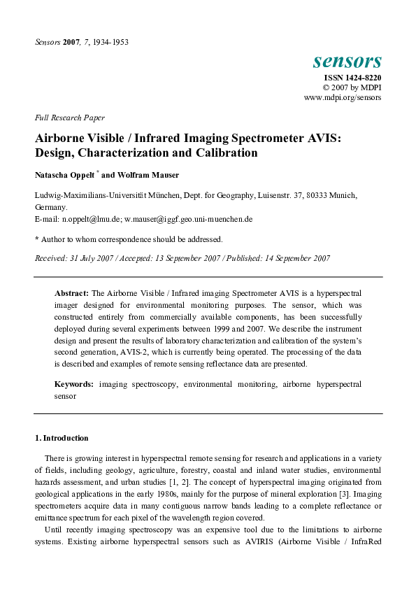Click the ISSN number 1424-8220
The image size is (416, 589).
pyautogui.click(x=352, y=78)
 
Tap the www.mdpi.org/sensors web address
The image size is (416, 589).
pyautogui.click(x=343, y=98)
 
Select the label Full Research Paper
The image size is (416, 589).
pyautogui.click(x=70, y=118)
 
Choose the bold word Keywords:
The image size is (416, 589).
pyautogui.click(x=74, y=384)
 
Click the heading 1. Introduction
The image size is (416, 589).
pyautogui.click(x=62, y=438)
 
